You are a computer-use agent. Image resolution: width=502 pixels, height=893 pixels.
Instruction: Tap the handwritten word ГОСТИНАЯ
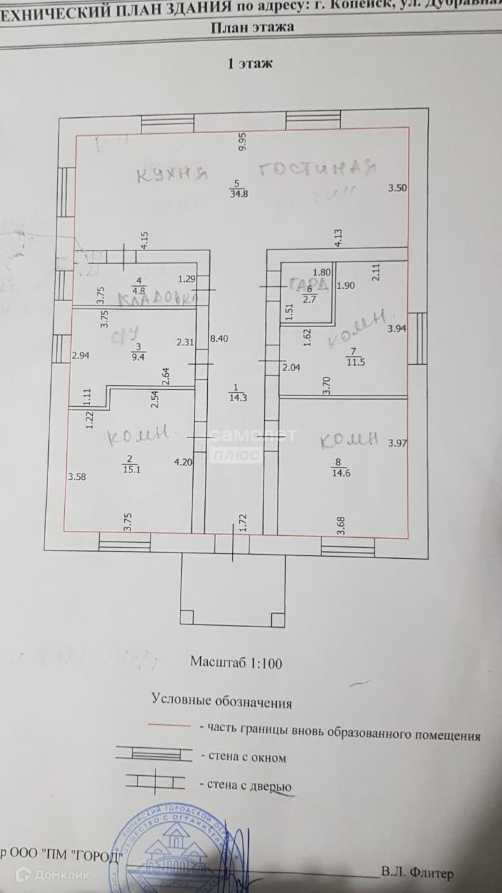[317, 170]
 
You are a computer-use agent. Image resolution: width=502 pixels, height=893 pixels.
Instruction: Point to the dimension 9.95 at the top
[243, 142]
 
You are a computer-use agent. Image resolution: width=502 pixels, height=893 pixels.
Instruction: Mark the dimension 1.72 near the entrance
[243, 524]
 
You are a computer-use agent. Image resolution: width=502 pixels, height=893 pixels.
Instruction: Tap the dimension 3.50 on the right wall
[397, 187]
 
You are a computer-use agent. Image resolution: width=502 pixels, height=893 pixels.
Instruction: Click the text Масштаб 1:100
[236, 662]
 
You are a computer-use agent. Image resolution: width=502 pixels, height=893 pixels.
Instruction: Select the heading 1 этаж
[250, 63]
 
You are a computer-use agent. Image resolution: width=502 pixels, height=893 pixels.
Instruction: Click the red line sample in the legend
[169, 726]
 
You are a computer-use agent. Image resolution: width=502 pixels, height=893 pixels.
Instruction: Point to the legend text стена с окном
[242, 757]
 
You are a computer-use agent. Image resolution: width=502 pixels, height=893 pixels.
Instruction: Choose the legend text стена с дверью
[245, 786]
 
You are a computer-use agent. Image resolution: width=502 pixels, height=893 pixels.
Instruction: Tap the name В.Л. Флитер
[417, 873]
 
